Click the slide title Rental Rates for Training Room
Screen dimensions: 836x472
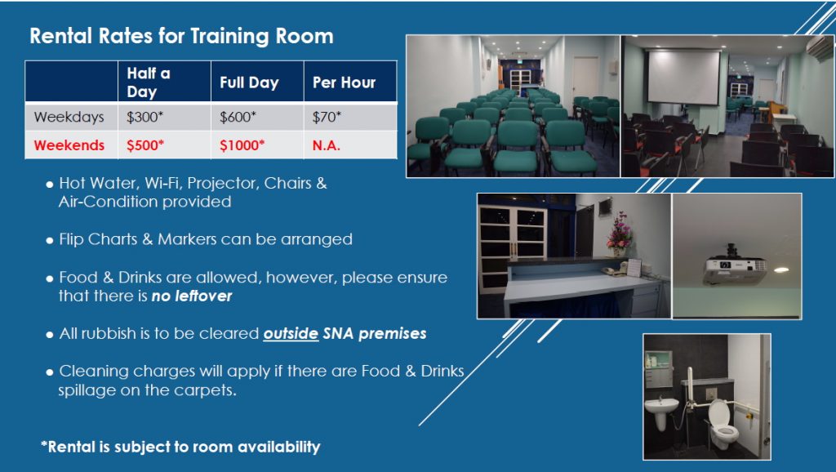pyautogui.click(x=181, y=36)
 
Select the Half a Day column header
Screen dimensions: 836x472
pyautogui.click(x=149, y=82)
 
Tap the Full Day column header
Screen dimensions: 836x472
pyautogui.click(x=249, y=82)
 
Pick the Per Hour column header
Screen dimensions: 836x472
pyautogui.click(x=344, y=82)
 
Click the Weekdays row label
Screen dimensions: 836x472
pyautogui.click(x=69, y=117)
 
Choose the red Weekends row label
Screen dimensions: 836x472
pyautogui.click(x=69, y=145)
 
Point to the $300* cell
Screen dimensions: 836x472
pyautogui.click(x=145, y=117)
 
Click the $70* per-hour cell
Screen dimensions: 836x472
pyautogui.click(x=327, y=117)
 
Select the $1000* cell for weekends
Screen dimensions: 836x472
pyautogui.click(x=242, y=145)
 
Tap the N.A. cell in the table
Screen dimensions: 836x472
pyautogui.click(x=327, y=145)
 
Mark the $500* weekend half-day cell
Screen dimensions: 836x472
pyautogui.click(x=145, y=145)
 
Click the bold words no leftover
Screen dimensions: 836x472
pyautogui.click(x=192, y=296)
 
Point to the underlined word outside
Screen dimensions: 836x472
pyautogui.click(x=291, y=334)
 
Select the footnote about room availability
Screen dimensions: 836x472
pyautogui.click(x=180, y=447)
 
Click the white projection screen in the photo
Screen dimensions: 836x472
pyautogui.click(x=683, y=77)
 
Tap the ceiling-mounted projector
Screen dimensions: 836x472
pyautogui.click(x=735, y=265)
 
